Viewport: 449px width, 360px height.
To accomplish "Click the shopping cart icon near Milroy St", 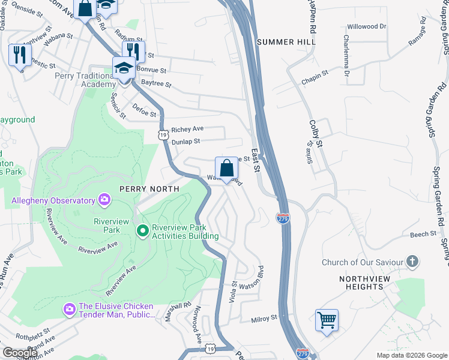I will click(327, 320).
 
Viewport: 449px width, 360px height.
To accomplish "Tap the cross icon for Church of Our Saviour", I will click(412, 262).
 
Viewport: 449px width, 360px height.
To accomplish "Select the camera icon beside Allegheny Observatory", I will click(104, 199).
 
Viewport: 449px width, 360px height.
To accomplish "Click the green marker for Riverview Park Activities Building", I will click(143, 230).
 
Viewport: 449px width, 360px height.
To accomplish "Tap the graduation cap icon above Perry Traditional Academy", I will click(124, 68).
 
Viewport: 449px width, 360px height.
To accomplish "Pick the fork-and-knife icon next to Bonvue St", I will click(133, 52).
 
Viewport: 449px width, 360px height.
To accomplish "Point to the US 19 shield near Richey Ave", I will click(163, 136).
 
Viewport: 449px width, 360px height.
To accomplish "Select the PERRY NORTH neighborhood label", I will click(149, 188).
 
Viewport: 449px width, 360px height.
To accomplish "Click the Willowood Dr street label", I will click(367, 27).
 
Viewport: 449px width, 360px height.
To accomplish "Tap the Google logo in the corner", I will click(19, 353).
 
